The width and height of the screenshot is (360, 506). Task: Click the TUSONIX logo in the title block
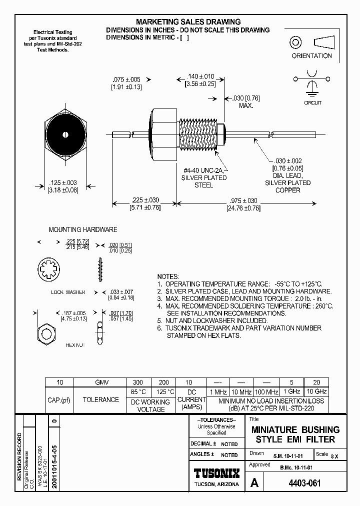pos(216,473)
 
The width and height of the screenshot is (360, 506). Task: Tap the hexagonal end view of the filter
pos(65,134)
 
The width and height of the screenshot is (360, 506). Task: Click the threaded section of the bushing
pos(198,134)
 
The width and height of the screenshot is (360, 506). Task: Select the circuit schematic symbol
pos(312,83)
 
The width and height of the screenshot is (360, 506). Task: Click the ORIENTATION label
pos(311,56)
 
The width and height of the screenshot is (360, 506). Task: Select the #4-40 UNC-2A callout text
pos(203,170)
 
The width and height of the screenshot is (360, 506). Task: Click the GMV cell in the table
pos(101,382)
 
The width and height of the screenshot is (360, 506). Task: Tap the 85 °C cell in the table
pos(138,391)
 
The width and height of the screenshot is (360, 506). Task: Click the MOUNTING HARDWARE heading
pos(82,229)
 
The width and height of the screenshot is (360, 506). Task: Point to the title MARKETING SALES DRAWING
pos(188,22)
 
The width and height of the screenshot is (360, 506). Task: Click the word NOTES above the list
pos(167,276)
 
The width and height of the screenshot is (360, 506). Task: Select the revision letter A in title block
pos(254,483)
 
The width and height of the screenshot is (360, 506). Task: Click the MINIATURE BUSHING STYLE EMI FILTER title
pos(295,434)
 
